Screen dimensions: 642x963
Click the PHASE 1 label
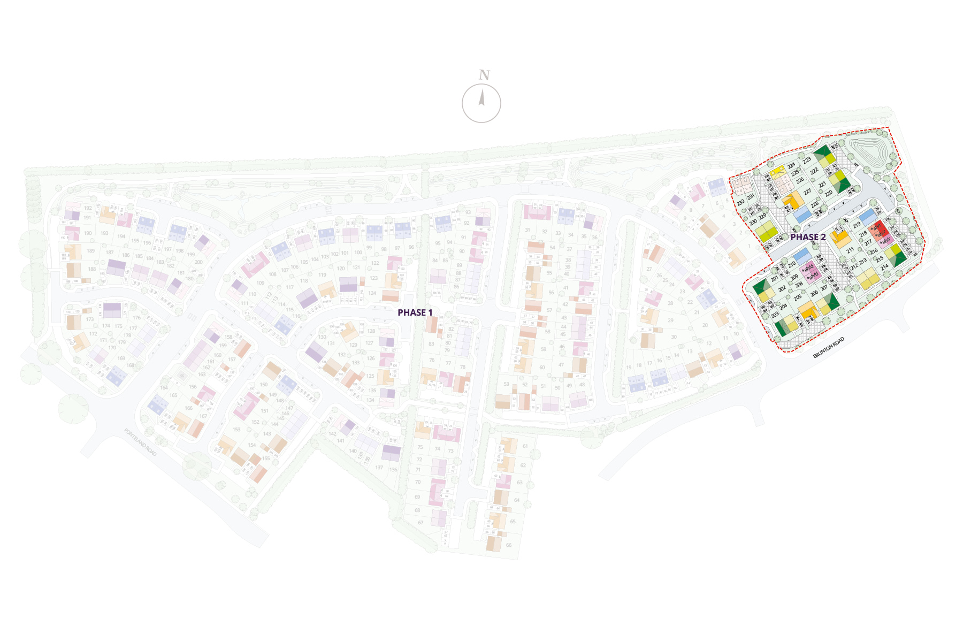(x=415, y=312)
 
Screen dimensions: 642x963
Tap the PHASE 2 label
(x=808, y=237)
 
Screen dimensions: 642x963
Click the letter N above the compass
(x=484, y=75)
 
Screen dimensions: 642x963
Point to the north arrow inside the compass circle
(x=481, y=98)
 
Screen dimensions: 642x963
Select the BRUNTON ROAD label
(x=829, y=348)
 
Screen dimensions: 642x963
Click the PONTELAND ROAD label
(x=141, y=442)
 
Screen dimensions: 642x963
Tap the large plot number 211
(x=850, y=250)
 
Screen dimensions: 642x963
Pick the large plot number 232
(x=741, y=203)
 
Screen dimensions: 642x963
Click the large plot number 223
(x=807, y=159)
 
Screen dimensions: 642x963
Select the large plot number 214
(x=884, y=266)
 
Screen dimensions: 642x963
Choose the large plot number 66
(x=508, y=545)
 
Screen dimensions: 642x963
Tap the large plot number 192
(x=88, y=208)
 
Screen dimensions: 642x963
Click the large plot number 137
(x=379, y=468)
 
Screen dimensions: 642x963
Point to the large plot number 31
(x=528, y=230)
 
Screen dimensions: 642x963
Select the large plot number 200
(x=198, y=262)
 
